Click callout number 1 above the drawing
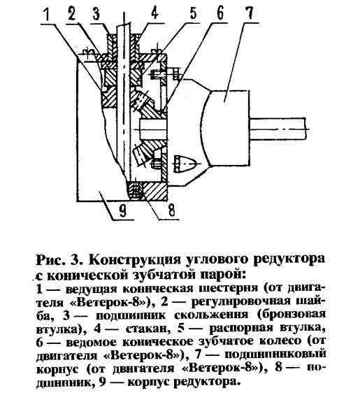point(46,16)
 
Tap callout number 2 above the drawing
point(71,15)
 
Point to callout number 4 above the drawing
point(154,13)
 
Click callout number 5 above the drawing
point(193,13)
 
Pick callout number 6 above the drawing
point(219,13)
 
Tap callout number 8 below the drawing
point(171,210)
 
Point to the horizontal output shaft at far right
point(279,129)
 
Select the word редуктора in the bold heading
point(289,261)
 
